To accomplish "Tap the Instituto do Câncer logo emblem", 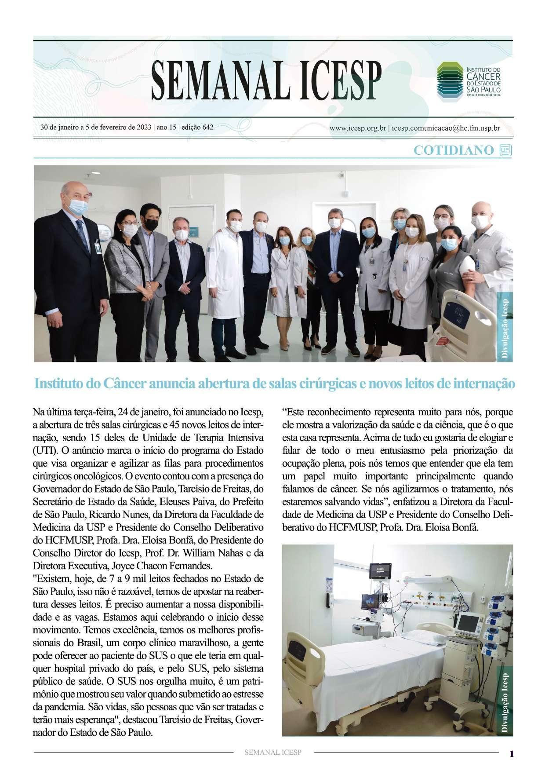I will pos(449,79).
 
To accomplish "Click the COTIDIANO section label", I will pos(454,150).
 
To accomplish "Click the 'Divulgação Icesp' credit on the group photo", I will pos(505,328).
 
